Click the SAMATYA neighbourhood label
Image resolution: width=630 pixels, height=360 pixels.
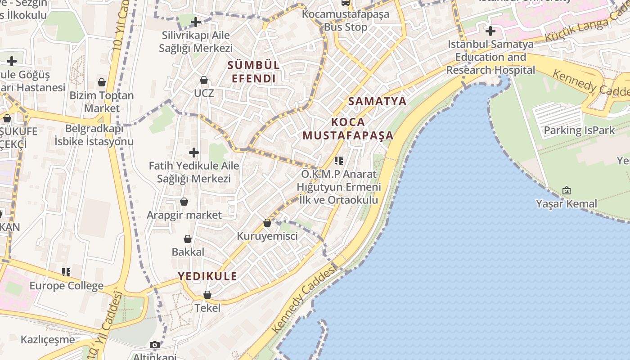pos(377,101)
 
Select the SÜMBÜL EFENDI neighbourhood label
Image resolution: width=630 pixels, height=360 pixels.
pos(253,72)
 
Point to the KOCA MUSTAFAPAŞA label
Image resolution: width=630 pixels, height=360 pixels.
pos(348,129)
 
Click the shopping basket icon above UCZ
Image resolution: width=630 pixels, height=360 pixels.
pos(204,80)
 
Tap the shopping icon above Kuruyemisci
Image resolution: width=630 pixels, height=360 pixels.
pos(267,222)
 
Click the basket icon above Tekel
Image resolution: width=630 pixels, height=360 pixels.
pos(207,295)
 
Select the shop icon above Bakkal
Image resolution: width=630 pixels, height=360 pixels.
pos(188,239)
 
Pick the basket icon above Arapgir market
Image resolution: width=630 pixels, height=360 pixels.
pos(184,202)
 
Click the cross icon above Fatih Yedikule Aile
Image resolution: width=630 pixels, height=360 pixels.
pos(194,153)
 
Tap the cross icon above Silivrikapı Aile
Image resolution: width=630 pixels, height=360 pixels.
pos(196,22)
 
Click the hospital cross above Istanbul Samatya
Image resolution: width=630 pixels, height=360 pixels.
pos(490,31)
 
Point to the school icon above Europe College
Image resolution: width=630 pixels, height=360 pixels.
pos(67,272)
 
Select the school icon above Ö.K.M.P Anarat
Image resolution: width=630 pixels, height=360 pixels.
pos(339,160)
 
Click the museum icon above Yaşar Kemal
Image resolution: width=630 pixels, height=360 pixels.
pos(567,190)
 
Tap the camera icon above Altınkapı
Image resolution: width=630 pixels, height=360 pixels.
pos(155,345)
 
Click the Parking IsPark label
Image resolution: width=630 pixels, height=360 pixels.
pos(579,130)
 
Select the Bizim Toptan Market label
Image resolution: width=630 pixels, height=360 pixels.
pos(102,102)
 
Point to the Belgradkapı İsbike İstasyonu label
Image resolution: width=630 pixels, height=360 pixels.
pos(94,135)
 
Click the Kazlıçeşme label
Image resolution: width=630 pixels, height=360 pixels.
pos(48,339)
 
